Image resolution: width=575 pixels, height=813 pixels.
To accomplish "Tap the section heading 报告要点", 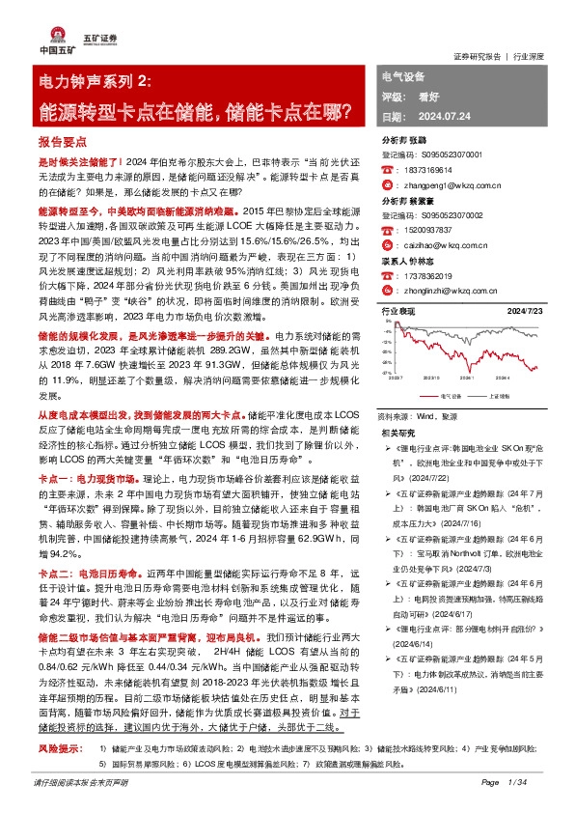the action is [x=63, y=141].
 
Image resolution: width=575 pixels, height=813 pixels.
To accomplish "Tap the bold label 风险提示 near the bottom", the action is [x=57, y=747].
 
